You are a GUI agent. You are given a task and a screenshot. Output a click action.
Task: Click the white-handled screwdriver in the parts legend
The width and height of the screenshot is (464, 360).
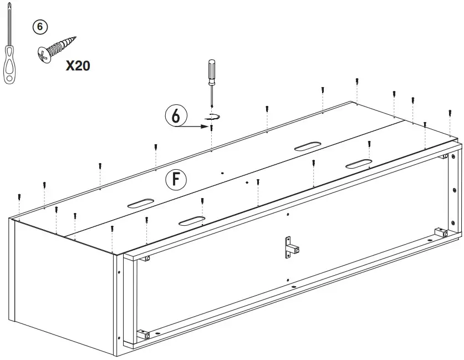coord(9,44)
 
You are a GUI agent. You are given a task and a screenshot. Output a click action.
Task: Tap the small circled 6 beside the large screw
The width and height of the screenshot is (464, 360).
coord(40,27)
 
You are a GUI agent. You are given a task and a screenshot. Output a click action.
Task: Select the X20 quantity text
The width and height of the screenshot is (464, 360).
coord(78,65)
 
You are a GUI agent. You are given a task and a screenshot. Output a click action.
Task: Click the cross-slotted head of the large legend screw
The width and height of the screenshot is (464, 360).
coord(44,55)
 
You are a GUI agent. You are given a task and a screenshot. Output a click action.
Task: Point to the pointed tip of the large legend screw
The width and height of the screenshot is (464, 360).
coord(75,38)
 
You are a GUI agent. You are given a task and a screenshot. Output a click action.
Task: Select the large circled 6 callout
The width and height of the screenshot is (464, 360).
coord(176,115)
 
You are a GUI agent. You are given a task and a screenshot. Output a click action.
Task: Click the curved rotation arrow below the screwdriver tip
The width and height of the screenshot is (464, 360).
coord(212,116)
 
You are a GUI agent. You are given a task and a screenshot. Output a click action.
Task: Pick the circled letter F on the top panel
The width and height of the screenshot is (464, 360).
coord(176,179)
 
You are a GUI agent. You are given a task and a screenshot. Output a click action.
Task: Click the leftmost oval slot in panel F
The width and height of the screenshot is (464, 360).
coord(141,203)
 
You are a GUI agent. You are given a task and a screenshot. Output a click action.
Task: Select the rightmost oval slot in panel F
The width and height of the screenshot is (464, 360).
coord(359,164)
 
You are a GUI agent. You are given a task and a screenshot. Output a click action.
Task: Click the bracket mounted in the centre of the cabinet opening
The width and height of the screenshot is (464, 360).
coord(291,247)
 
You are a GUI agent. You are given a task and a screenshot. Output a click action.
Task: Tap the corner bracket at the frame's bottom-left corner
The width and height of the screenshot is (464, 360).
coord(143,334)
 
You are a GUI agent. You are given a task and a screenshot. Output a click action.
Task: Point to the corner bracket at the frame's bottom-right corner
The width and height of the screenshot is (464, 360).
coord(441,232)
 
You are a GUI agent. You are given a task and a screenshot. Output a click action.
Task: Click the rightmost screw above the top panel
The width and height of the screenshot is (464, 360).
coord(450,113)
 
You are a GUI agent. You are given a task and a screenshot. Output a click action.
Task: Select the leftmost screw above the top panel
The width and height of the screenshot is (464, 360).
coord(19,197)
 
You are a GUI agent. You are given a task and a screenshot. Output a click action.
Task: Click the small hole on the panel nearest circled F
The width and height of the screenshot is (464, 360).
coord(222,173)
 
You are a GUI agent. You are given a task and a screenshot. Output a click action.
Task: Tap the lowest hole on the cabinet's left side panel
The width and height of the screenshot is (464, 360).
coord(119,338)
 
